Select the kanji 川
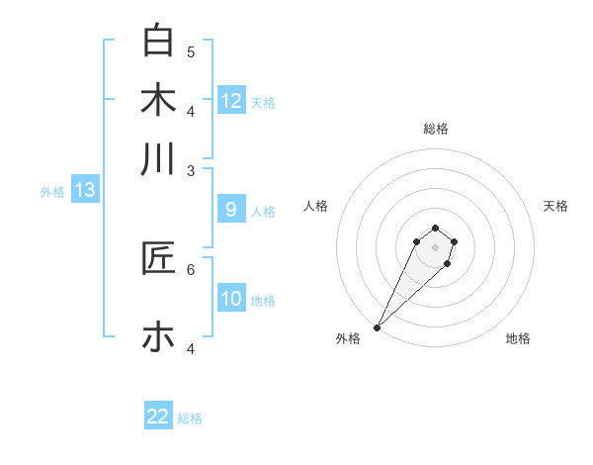(158, 158)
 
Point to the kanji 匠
(158, 258)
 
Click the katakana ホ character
(158, 336)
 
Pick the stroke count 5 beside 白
(191, 51)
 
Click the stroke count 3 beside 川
(191, 170)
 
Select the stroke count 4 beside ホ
(191, 348)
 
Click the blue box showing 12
(231, 100)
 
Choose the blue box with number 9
(231, 209)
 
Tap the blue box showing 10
(231, 298)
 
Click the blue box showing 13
(85, 190)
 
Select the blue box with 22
(158, 417)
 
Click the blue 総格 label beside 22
(191, 418)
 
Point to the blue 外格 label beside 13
(52, 192)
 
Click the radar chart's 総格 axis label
(435, 129)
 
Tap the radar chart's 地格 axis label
(518, 338)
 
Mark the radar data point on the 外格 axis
(377, 327)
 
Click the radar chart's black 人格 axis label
(316, 206)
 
